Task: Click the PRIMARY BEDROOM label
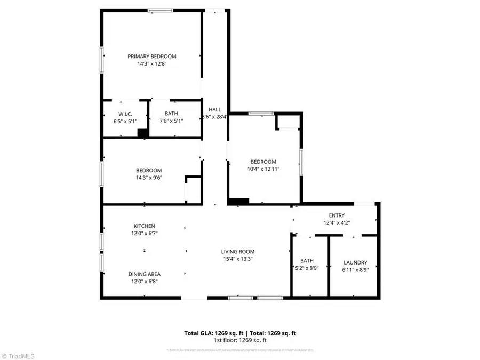(151, 56)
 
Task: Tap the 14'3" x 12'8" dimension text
(151, 63)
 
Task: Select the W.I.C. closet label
(125, 114)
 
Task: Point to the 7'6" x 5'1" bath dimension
(171, 121)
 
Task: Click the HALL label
(215, 109)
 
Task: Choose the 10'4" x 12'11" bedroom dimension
(263, 169)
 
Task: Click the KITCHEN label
(145, 226)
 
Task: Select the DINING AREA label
(144, 274)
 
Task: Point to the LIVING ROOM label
(238, 251)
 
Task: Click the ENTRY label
(336, 215)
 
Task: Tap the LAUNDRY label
(355, 262)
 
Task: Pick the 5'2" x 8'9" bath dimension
(307, 269)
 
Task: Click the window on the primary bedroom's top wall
(160, 10)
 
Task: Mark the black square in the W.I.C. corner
(142, 133)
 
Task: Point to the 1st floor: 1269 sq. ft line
(240, 340)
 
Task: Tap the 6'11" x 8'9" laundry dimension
(355, 270)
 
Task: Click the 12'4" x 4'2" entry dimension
(336, 223)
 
